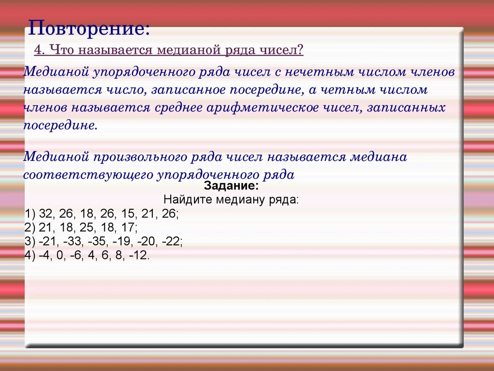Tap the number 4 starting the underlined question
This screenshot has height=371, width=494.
click(x=38, y=50)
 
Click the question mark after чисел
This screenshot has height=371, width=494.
click(x=300, y=50)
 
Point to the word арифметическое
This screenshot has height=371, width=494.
click(x=262, y=108)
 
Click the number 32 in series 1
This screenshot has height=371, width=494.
click(x=45, y=214)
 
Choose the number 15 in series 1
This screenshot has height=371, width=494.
click(x=127, y=214)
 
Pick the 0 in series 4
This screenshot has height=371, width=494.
click(x=59, y=255)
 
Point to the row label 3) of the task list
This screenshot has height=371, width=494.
click(x=30, y=242)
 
